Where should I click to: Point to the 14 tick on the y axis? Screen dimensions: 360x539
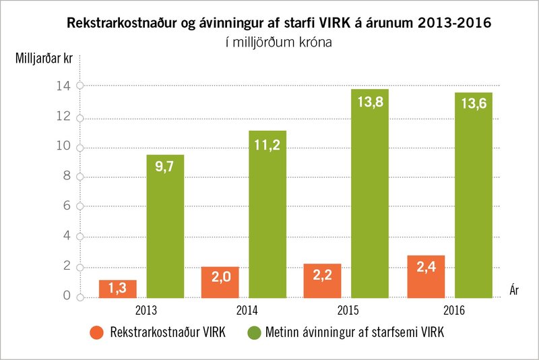point(67,86)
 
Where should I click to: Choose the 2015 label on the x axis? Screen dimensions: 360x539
point(346,311)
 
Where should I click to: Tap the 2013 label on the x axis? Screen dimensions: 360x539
point(141,311)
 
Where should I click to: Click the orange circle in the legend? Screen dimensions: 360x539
point(96,332)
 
